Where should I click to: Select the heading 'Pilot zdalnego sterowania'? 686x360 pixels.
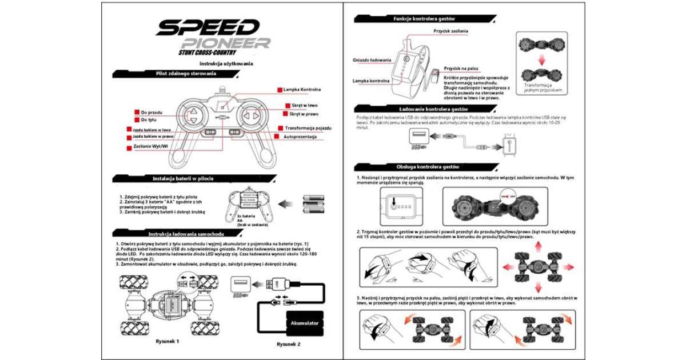[186, 74]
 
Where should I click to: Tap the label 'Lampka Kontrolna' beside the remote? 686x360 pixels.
[302, 90]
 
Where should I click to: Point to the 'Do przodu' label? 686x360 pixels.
[151, 113]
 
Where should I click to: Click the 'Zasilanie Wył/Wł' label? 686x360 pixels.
[150, 147]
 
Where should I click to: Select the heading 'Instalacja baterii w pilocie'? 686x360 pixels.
[183, 178]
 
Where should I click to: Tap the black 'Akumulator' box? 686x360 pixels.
[304, 323]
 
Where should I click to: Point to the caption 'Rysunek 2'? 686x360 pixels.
[288, 344]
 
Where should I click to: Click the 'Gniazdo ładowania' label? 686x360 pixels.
[372, 59]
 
